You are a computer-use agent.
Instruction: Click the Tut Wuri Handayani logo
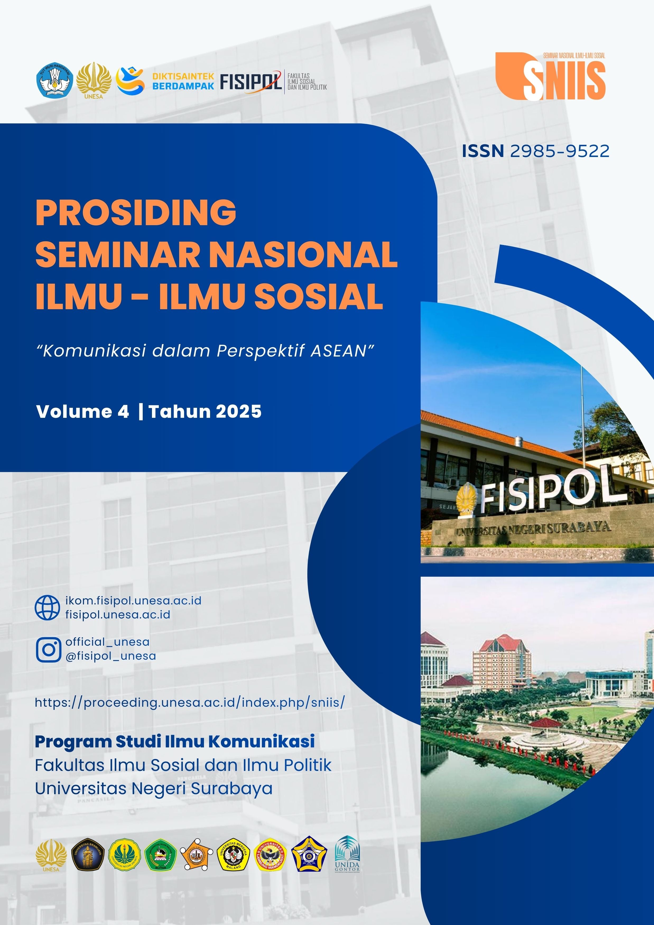[55, 81]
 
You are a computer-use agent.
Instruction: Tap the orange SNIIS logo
[550, 77]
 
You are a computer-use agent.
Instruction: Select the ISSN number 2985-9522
[559, 151]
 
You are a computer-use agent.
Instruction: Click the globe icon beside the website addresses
[48, 608]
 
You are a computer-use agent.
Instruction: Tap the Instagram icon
[48, 649]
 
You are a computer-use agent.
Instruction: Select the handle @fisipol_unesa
[111, 656]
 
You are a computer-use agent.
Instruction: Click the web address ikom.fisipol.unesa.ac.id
[133, 601]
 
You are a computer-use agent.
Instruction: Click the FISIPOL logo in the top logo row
[251, 82]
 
